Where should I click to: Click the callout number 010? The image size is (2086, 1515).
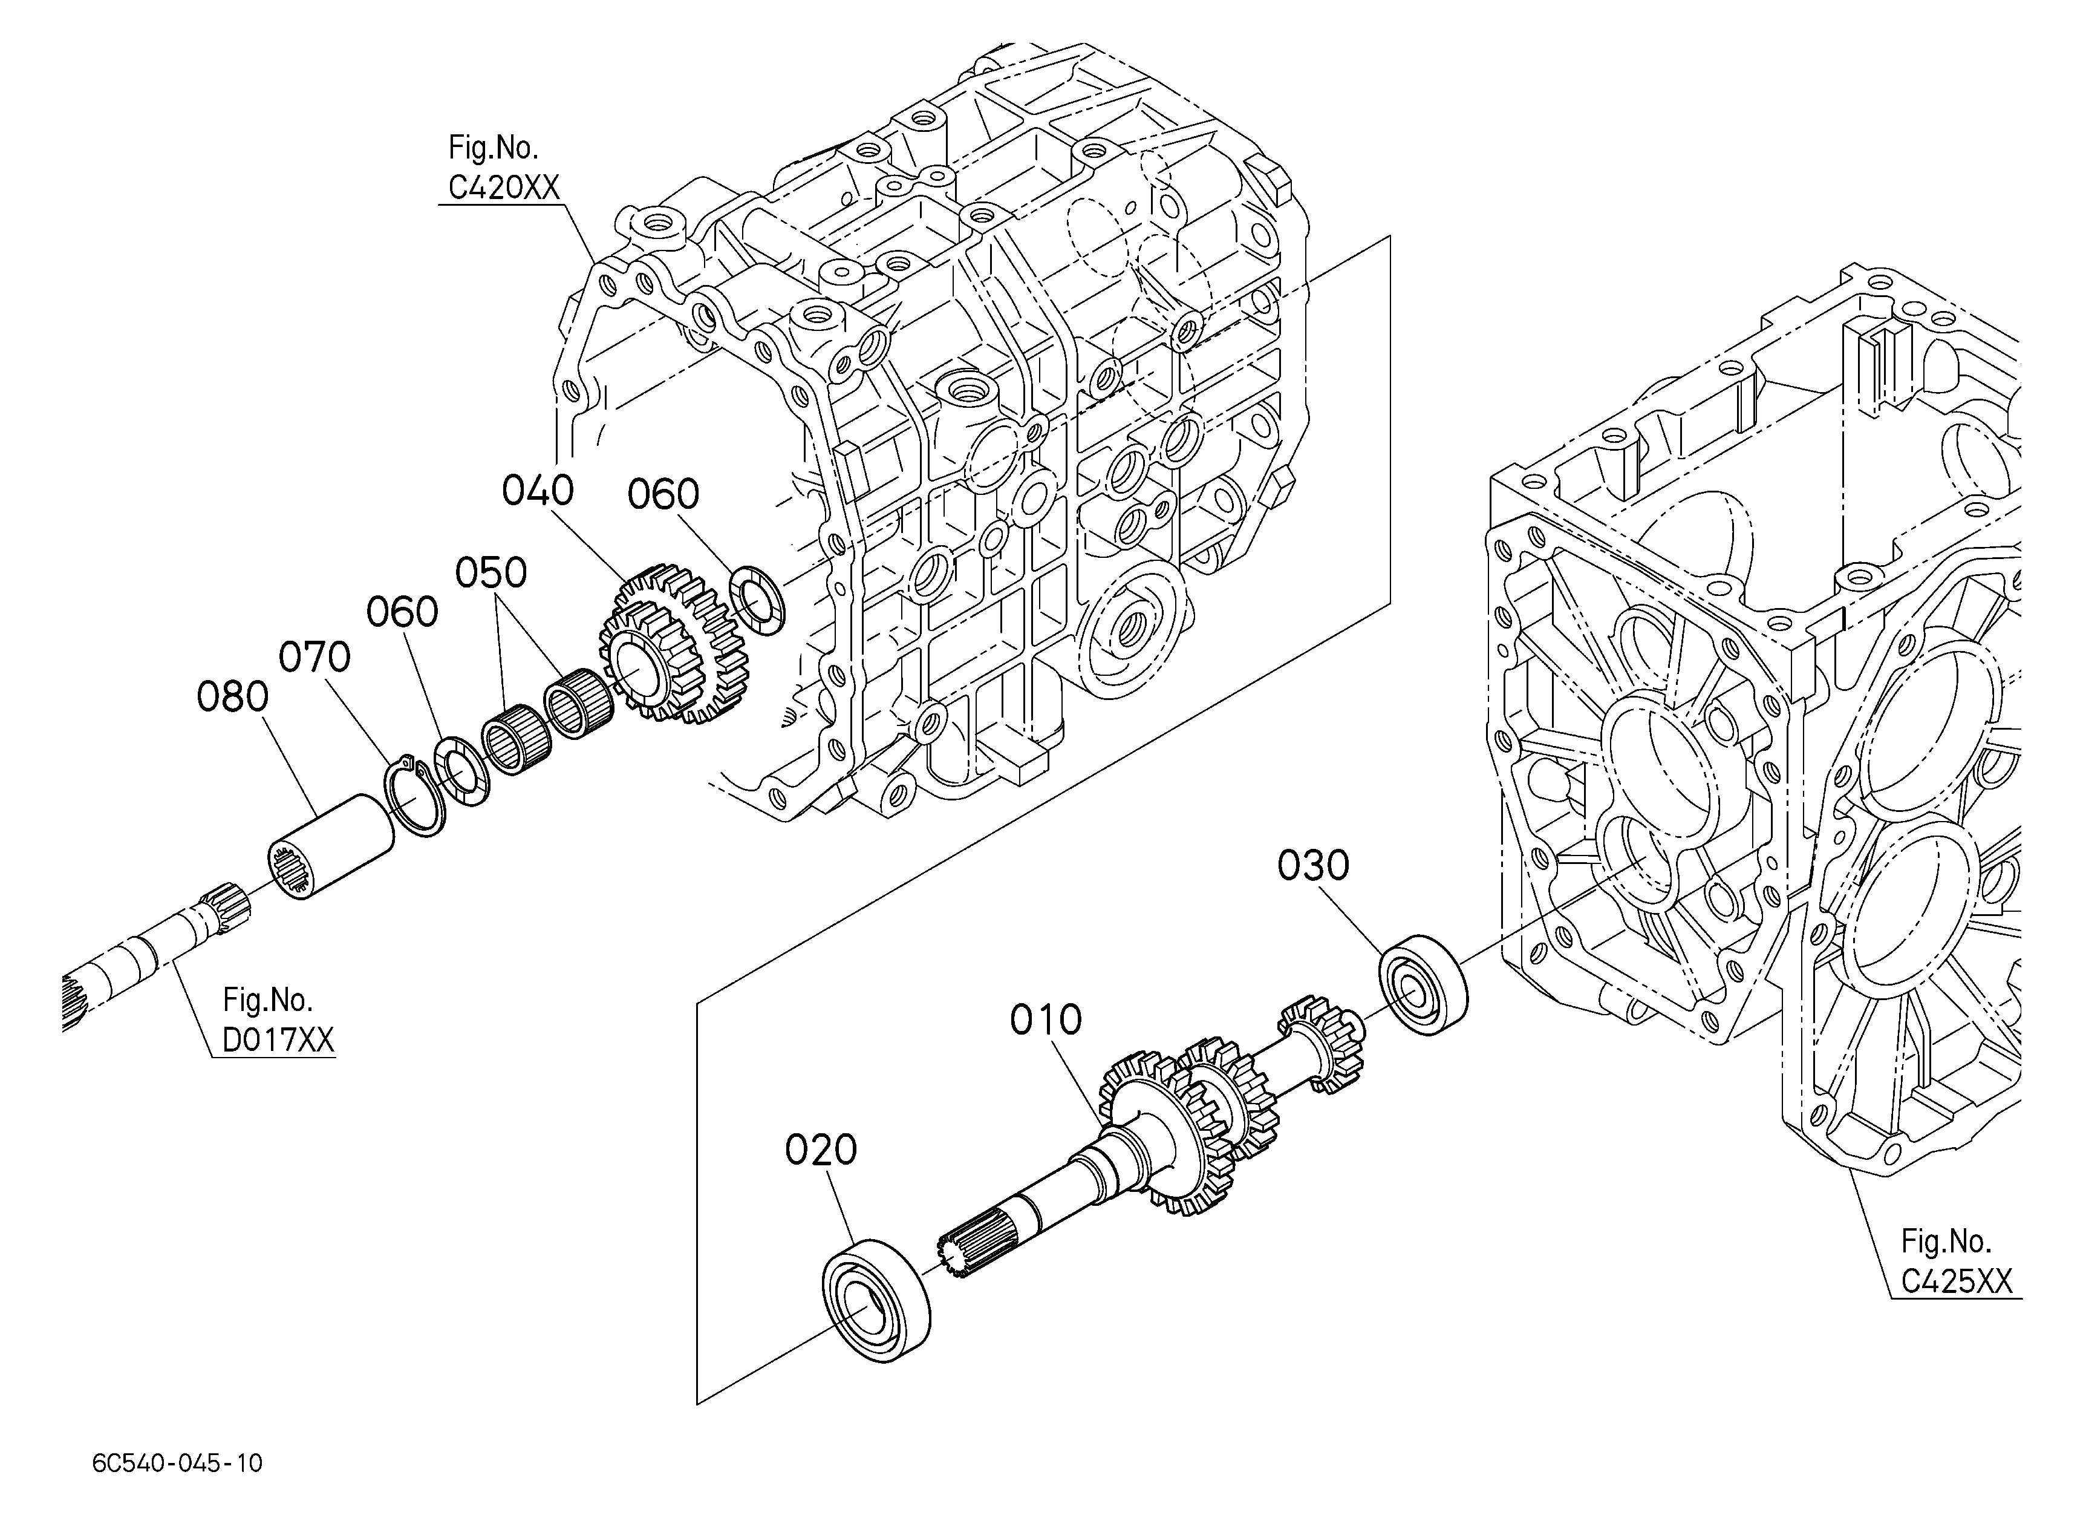click(1046, 1020)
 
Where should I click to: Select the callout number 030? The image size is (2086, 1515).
click(1314, 866)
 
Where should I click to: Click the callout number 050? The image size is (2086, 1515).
click(491, 573)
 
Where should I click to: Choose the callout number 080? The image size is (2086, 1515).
click(233, 697)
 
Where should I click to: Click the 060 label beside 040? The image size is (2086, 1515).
click(663, 495)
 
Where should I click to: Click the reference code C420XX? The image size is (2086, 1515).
click(504, 188)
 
